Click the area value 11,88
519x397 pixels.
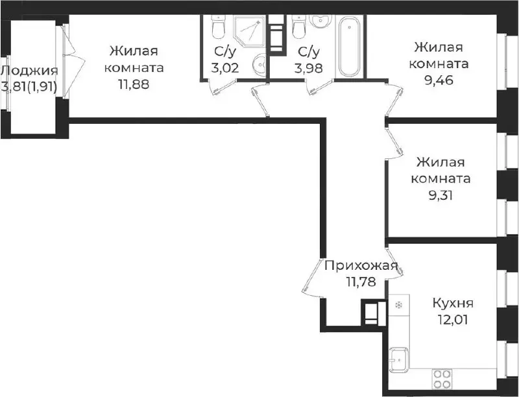click(x=134, y=84)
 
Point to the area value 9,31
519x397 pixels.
click(x=441, y=195)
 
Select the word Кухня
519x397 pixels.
click(x=453, y=303)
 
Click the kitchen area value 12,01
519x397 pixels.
click(x=453, y=320)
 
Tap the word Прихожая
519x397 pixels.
click(x=361, y=265)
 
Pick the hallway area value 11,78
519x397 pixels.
click(x=361, y=282)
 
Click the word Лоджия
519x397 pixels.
click(x=29, y=71)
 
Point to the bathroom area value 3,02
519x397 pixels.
click(x=225, y=68)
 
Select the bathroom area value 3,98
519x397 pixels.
click(x=309, y=68)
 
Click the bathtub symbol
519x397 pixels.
click(x=350, y=46)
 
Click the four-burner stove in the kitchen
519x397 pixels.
click(x=442, y=378)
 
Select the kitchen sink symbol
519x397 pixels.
click(x=399, y=359)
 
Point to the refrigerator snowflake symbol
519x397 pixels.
click(x=399, y=304)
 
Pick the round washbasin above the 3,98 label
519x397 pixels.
click(x=320, y=22)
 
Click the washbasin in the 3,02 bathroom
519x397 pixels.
click(x=260, y=64)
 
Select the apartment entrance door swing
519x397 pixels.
click(x=312, y=277)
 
